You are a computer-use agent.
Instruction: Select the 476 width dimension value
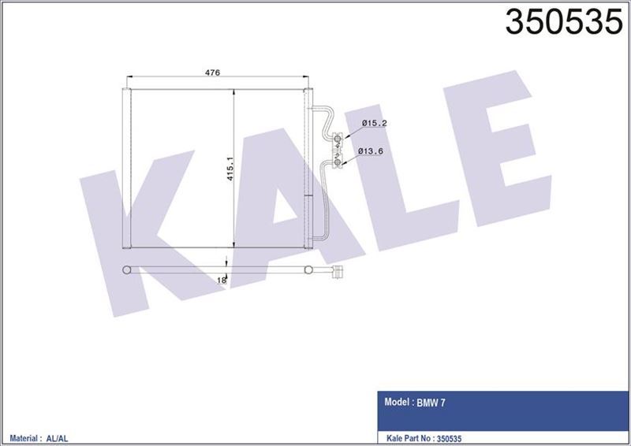[x=211, y=72]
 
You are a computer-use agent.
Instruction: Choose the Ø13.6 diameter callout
[x=372, y=150]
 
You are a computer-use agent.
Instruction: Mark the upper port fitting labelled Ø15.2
[x=338, y=139]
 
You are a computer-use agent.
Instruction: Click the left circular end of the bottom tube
[x=126, y=271]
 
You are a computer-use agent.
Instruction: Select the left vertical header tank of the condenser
[x=126, y=169]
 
